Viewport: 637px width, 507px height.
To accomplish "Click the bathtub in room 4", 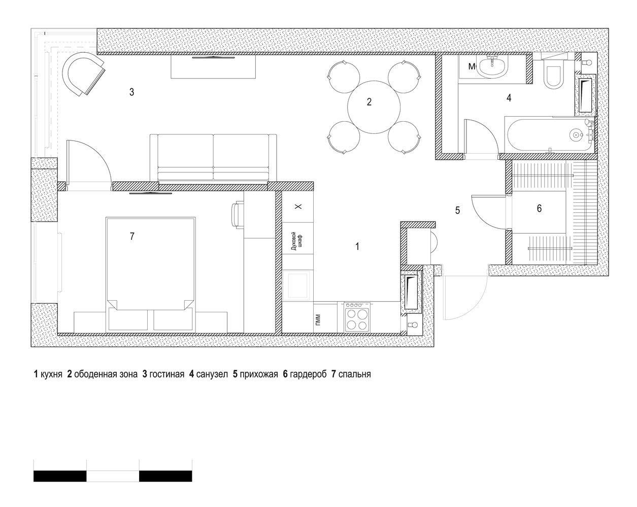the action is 549,135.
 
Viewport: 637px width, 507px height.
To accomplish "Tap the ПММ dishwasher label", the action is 319,320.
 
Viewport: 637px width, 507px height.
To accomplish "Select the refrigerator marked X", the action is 297,207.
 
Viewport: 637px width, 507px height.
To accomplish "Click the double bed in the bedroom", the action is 151,274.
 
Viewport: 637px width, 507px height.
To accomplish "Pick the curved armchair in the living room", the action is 83,74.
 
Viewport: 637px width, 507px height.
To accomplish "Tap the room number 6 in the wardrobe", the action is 540,208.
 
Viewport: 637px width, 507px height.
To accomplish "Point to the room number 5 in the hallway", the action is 458,210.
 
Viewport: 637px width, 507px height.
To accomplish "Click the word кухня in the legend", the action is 51,374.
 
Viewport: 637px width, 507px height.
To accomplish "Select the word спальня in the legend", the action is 354,375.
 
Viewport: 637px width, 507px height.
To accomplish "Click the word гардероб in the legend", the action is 308,375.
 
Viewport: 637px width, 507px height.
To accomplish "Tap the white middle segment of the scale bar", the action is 113,476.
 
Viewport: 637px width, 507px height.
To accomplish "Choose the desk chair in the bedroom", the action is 238,215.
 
